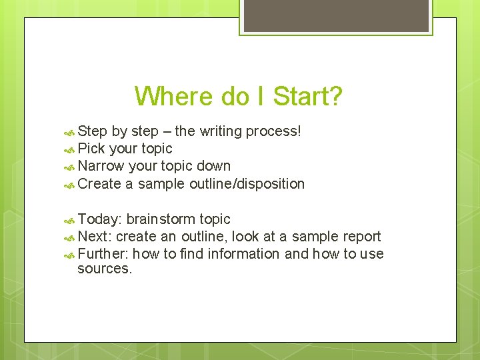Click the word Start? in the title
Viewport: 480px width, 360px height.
(306, 96)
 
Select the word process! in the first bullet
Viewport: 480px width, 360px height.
(273, 131)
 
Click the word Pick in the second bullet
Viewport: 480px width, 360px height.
(91, 149)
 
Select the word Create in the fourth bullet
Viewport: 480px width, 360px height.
(99, 183)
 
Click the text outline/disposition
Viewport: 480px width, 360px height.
(246, 183)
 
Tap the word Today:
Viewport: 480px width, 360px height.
(99, 219)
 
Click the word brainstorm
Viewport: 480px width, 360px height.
(161, 219)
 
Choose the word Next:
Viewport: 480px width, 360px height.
(95, 237)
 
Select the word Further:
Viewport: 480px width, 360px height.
(104, 254)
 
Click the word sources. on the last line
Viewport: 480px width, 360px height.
(105, 269)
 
